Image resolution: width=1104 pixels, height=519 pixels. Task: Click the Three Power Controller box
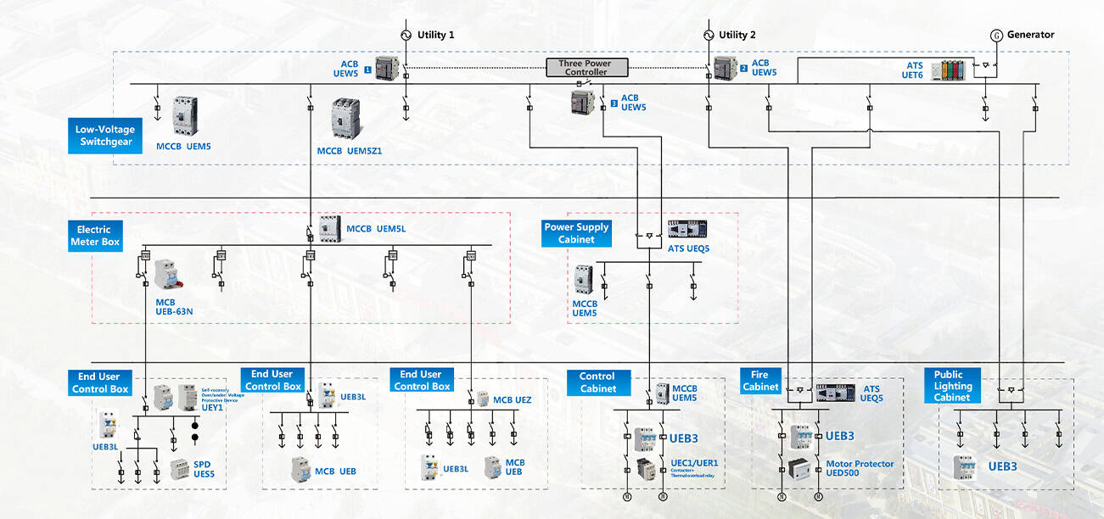pos(586,68)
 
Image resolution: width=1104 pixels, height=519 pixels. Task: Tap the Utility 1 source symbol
pos(406,35)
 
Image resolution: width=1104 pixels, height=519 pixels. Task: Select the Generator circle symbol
pos(997,35)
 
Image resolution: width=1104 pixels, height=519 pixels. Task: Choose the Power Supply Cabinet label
pos(576,233)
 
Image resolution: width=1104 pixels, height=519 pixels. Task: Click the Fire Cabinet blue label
pos(760,381)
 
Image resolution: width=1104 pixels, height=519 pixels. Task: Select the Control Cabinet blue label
pos(597,382)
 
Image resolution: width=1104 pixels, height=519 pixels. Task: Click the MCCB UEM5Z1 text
pos(350,150)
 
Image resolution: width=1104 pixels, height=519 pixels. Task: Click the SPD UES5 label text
pos(204,469)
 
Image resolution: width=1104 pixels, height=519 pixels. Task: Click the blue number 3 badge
pos(614,103)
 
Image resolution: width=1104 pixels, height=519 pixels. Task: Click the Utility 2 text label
pos(737,35)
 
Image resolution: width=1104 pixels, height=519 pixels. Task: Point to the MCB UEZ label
pos(512,399)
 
